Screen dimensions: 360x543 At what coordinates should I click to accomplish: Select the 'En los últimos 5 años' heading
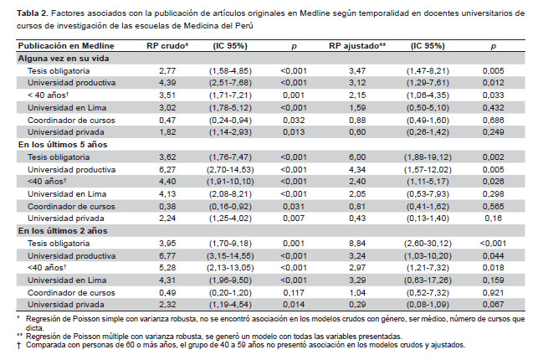click(66, 145)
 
